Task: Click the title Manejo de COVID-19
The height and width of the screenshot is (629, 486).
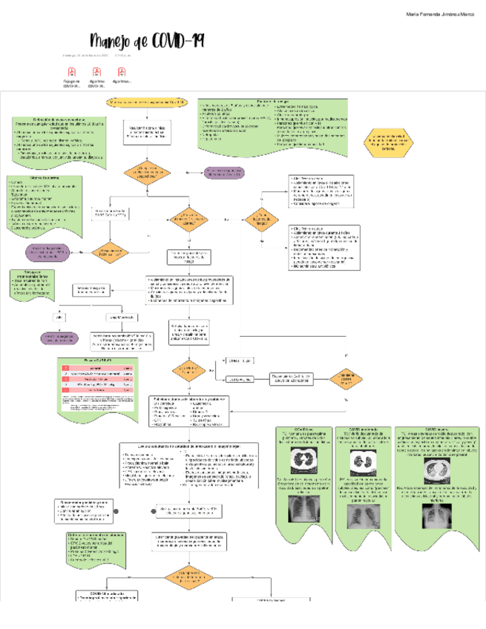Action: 147,42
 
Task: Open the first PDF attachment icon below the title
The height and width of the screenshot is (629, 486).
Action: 72,72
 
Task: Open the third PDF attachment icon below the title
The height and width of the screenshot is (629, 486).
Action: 122,72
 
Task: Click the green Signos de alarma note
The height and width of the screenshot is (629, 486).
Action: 45,204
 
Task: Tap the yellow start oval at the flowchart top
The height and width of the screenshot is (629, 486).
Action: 148,101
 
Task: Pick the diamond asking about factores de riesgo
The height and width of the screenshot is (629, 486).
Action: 261,220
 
